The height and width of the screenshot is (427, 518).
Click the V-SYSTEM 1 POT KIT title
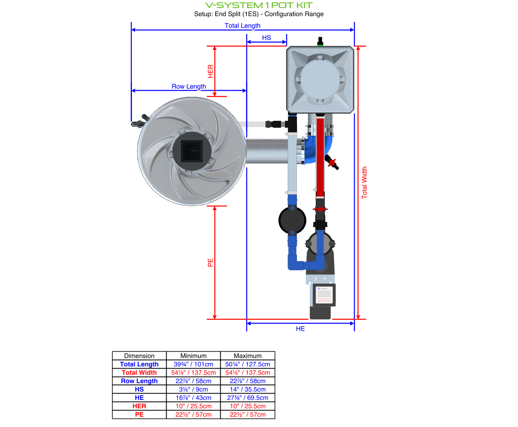click(x=259, y=5)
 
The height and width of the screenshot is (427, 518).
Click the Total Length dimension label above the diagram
click(x=242, y=25)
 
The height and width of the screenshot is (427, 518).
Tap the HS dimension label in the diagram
click(x=266, y=37)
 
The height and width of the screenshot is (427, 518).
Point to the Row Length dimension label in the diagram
click(x=189, y=86)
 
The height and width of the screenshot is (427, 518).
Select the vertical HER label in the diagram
click(x=210, y=71)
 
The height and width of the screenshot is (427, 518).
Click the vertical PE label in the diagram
click(x=210, y=263)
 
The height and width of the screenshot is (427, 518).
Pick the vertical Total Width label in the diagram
click(x=364, y=182)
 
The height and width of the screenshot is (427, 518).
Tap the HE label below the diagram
click(x=300, y=329)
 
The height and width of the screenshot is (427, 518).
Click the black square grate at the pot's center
click(x=192, y=151)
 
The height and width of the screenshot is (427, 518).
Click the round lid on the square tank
click(x=320, y=79)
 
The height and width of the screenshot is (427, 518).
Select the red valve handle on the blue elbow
click(x=332, y=163)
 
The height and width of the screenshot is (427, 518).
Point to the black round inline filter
click(x=292, y=220)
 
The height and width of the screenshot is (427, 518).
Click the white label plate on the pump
click(x=324, y=295)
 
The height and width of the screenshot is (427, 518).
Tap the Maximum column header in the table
click(x=248, y=356)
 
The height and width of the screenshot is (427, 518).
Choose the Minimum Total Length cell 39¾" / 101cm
click(x=193, y=364)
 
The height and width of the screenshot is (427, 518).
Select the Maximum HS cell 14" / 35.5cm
click(x=248, y=390)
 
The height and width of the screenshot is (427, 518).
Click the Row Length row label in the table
click(x=139, y=381)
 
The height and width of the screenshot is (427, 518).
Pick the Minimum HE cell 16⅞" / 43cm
click(x=193, y=398)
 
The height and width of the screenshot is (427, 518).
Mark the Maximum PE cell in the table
click(x=248, y=415)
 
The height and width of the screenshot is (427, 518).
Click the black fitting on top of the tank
click(x=320, y=41)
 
